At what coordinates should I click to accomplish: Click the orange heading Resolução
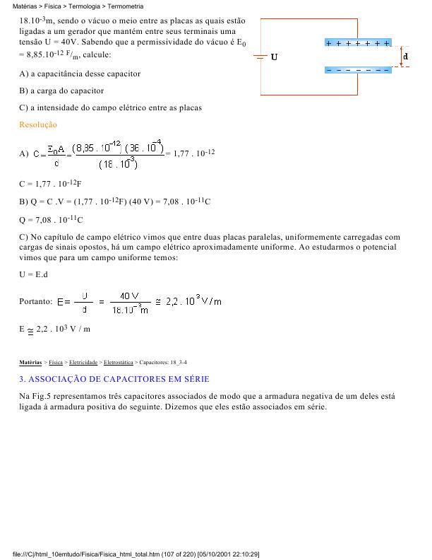[x=38, y=125]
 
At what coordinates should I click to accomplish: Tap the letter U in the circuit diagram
[x=274, y=57]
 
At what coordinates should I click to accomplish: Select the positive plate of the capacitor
[x=357, y=43]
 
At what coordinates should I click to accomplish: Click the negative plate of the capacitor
[x=357, y=69]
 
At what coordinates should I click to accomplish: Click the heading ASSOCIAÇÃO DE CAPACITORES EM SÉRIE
[x=114, y=379]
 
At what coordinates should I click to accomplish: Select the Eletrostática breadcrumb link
[x=116, y=362]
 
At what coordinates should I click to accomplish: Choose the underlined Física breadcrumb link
[x=55, y=362]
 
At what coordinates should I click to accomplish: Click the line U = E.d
[x=34, y=274]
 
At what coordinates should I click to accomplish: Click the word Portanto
[x=35, y=302]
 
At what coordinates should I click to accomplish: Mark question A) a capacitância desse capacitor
[x=80, y=74]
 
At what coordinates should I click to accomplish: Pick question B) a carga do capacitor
[x=61, y=91]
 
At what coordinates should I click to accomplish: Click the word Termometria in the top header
[x=125, y=6]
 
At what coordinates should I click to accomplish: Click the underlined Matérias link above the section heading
[x=30, y=362]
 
